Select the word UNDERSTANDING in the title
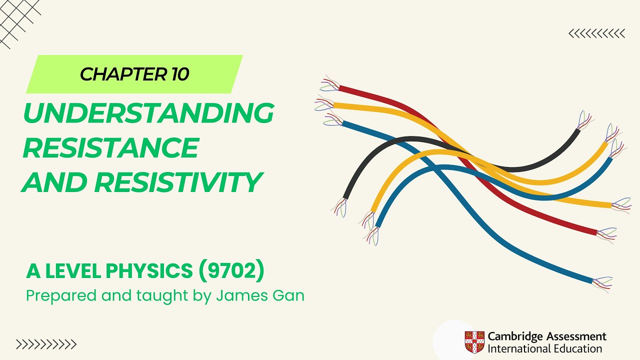pos(148,113)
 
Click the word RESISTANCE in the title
pos(110,148)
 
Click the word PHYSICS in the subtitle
pos(150,271)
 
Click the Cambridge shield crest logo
pos(474,342)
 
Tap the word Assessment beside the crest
pos(574,336)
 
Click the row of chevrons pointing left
pos(596,33)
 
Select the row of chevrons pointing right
pos(46,344)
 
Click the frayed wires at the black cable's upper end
pos(584,120)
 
